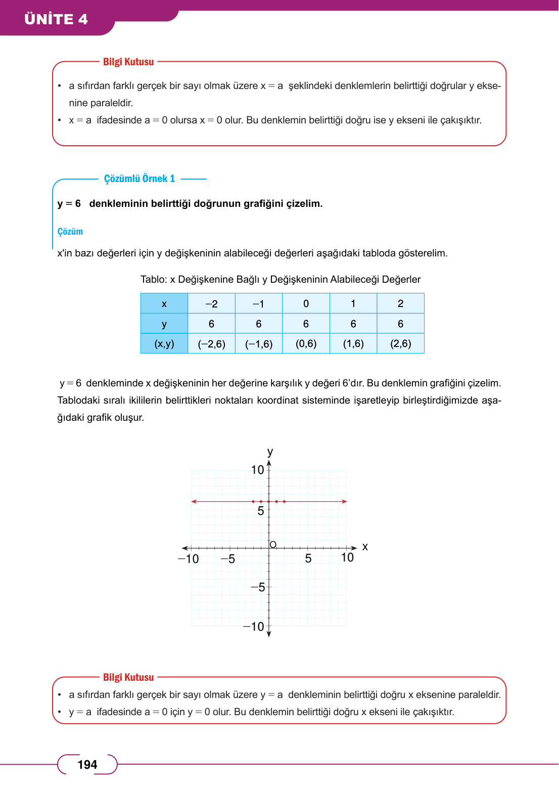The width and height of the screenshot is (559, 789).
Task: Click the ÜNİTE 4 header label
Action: click(x=56, y=19)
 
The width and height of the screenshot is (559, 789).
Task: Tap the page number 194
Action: click(x=87, y=764)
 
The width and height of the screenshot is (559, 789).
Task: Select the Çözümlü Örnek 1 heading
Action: click(x=139, y=179)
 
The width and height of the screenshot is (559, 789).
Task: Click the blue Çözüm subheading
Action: click(x=70, y=232)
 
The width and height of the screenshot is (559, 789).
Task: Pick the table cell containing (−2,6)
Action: click(x=211, y=344)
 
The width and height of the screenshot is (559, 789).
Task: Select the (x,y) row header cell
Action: click(x=164, y=344)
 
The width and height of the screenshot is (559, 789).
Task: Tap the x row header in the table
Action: click(x=164, y=304)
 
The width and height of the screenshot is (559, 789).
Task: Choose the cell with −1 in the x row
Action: click(x=258, y=304)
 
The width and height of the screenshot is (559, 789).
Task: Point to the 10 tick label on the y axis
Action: click(x=258, y=470)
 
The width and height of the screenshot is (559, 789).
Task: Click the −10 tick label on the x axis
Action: click(x=189, y=559)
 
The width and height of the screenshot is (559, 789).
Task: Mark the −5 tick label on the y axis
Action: click(x=258, y=587)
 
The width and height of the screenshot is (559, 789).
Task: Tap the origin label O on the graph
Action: click(x=273, y=544)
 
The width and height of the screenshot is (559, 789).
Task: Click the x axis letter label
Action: click(x=365, y=547)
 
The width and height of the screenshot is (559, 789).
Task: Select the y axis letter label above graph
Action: click(x=270, y=451)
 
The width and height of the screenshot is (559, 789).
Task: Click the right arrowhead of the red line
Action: click(x=345, y=502)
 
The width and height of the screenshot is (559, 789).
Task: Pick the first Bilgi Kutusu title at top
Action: click(x=128, y=62)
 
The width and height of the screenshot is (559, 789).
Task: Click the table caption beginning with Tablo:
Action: click(x=280, y=279)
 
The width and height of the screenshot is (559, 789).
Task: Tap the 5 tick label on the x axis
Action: click(x=308, y=558)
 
